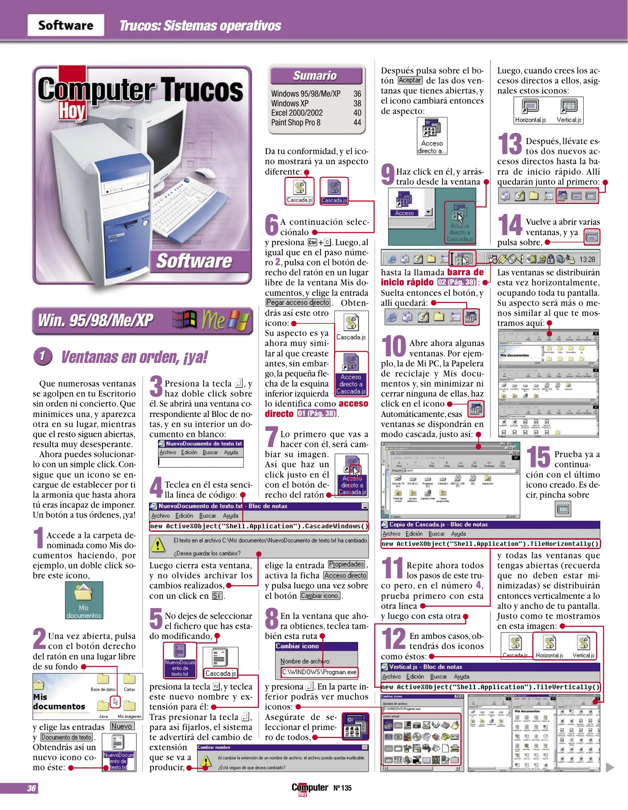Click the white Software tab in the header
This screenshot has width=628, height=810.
point(66,25)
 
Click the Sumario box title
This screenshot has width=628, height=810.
point(315,75)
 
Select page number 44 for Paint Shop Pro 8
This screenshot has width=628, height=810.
point(357,122)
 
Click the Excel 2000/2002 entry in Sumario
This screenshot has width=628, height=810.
point(297,113)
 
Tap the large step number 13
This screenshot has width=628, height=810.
point(510,144)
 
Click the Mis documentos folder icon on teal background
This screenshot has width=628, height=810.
point(84,600)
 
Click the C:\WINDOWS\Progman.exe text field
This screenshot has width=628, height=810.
point(319,672)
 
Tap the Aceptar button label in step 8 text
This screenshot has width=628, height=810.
point(410,80)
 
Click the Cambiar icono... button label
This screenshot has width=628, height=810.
point(320,595)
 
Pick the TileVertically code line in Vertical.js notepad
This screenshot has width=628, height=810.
point(490,687)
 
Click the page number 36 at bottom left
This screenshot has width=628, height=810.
point(32,788)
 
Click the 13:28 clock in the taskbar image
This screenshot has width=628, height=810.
point(587,259)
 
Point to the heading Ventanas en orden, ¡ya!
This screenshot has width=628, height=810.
point(134,357)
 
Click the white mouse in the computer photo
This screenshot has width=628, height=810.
point(205,173)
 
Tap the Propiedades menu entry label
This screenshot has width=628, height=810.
point(346,564)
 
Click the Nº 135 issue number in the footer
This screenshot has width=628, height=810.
point(342,788)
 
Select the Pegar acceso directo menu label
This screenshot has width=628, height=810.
point(298,303)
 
